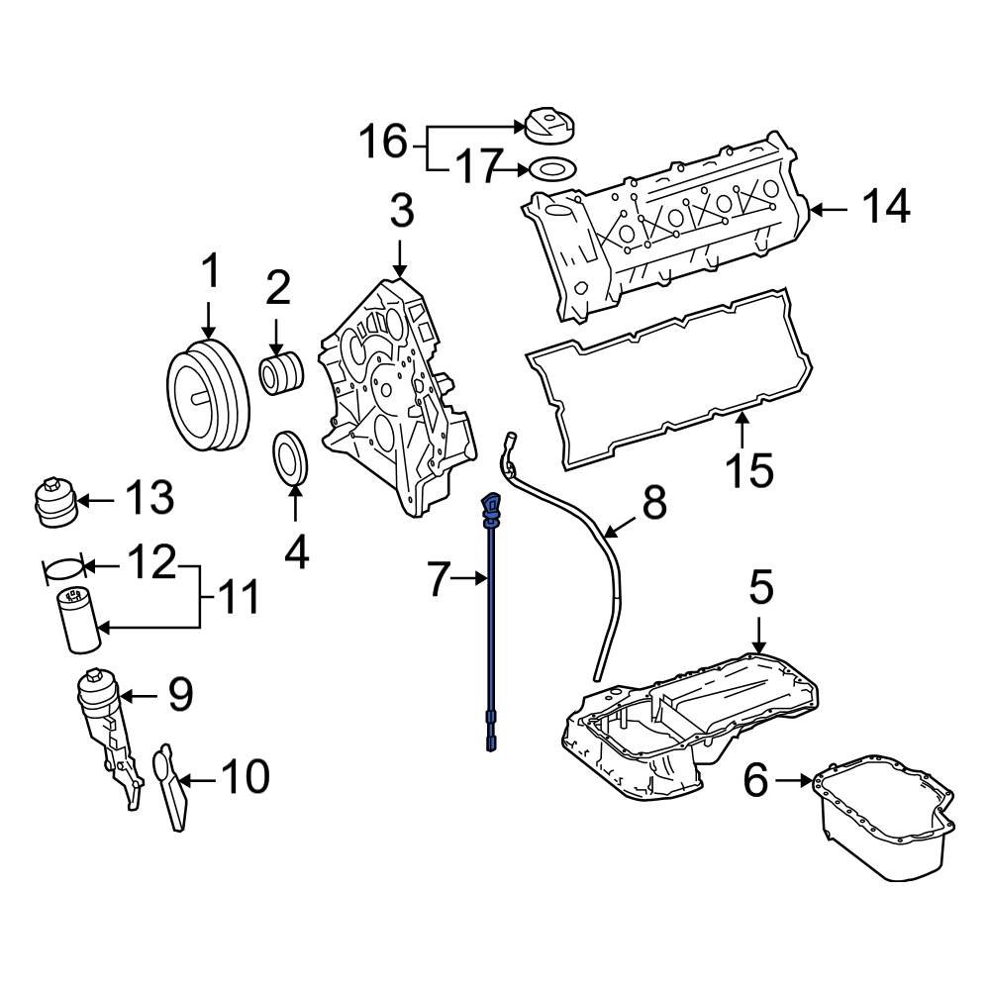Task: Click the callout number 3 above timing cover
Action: coord(400,211)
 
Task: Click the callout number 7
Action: coord(439,579)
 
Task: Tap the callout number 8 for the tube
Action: coord(654,504)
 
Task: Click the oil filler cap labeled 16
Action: coord(550,125)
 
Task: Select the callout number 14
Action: coord(883,207)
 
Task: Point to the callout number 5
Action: coord(759,589)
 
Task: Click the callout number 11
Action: coord(238,597)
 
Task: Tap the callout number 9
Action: coord(178,696)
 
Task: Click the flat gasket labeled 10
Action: coord(170,787)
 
